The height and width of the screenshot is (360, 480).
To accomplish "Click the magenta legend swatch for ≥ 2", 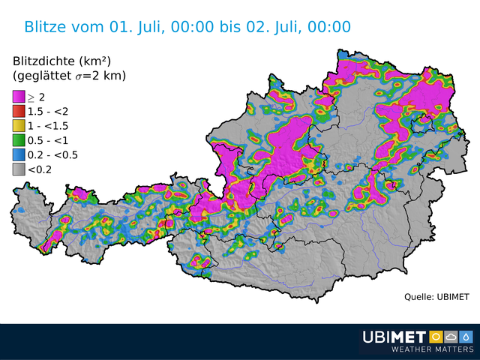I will pos(19,96).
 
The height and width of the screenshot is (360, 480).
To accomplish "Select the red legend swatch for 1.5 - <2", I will pos(19,111).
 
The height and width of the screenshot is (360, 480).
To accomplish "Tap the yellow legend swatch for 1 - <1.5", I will pos(19,125).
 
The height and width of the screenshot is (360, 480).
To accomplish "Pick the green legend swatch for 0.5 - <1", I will pos(19,140).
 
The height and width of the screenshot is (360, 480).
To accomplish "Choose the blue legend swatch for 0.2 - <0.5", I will pos(19,155).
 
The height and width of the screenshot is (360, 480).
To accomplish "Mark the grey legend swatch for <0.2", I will pos(19,169).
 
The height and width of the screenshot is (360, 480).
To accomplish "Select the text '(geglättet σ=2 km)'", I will pos(69,76).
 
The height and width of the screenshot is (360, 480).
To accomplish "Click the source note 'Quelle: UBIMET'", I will pos(436,297).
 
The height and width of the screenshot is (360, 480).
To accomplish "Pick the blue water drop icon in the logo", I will pos(466,336).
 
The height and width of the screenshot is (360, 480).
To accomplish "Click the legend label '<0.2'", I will pos(40,170).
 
